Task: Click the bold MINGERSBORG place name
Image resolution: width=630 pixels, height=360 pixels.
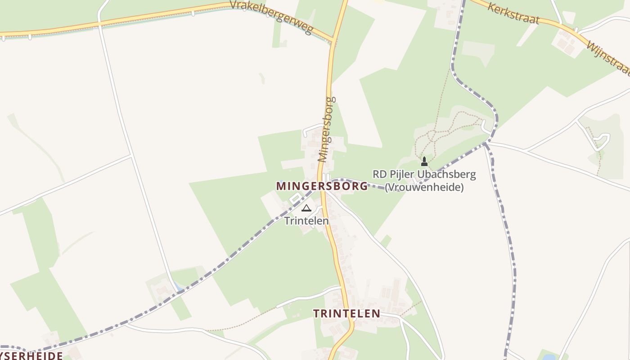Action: pyautogui.click(x=322, y=186)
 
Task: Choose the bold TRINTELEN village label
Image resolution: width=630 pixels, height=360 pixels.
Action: pyautogui.click(x=346, y=314)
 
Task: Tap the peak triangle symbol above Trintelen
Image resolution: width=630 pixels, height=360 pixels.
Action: pyautogui.click(x=306, y=208)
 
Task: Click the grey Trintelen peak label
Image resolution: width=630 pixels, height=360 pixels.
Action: pyautogui.click(x=306, y=221)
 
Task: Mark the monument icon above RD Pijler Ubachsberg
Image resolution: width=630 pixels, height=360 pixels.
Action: pyautogui.click(x=424, y=161)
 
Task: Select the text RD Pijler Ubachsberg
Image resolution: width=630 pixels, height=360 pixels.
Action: pyautogui.click(x=424, y=174)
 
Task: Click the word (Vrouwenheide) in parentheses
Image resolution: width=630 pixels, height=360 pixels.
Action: pyautogui.click(x=424, y=187)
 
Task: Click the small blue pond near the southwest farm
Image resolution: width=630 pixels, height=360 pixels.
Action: pyautogui.click(x=180, y=286)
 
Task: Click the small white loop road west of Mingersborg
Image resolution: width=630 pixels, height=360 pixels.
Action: pyautogui.click(x=295, y=198)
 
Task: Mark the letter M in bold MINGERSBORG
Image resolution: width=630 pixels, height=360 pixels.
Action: pyautogui.click(x=281, y=186)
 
